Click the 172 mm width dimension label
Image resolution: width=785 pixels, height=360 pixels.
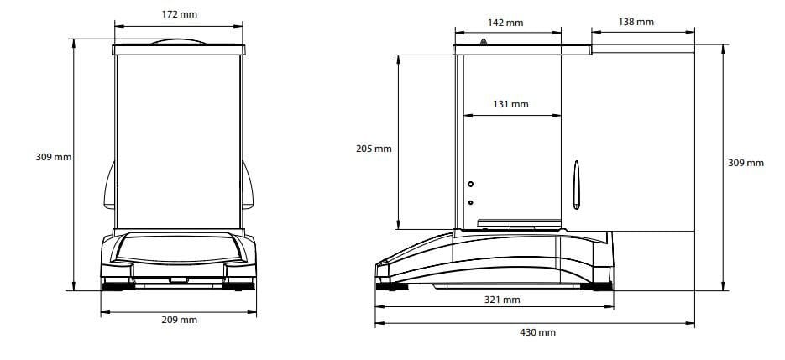(x=178, y=14)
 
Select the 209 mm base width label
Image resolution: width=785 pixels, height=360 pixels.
(x=178, y=320)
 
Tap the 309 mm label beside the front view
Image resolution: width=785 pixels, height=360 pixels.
(x=54, y=157)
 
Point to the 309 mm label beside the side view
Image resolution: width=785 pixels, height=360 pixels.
(x=746, y=163)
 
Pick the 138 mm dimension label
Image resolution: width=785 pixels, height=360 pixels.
(x=636, y=22)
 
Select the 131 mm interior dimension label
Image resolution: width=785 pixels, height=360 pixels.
(x=510, y=104)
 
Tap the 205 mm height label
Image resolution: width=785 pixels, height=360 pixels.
(x=374, y=149)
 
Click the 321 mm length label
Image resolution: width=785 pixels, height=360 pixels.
(x=502, y=299)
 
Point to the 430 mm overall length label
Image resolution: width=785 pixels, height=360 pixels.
(x=537, y=332)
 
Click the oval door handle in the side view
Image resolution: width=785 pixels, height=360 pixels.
(x=576, y=185)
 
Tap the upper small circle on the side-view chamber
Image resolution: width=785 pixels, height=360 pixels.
(x=470, y=184)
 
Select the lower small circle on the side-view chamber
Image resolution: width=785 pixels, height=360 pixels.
(x=470, y=202)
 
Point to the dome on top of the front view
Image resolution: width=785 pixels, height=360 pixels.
(x=178, y=41)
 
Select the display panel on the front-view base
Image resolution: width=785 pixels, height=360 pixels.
(x=178, y=249)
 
